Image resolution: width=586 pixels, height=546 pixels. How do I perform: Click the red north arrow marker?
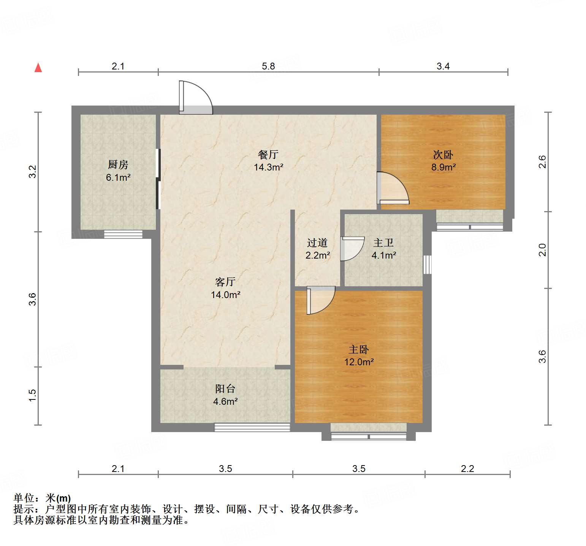tap(38, 68)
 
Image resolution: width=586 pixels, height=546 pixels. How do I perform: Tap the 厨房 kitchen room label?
tap(118, 165)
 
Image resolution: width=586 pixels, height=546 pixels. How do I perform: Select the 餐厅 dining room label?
tap(268, 155)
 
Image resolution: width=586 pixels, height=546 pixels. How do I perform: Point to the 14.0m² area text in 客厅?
tap(225, 295)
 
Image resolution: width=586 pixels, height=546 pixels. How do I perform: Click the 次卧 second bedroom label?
tap(443, 155)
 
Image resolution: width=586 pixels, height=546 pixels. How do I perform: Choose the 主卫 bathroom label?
tap(383, 243)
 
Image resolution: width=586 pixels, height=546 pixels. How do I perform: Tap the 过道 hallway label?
tap(317, 243)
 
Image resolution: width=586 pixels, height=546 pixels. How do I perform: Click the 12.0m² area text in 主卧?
tap(359, 362)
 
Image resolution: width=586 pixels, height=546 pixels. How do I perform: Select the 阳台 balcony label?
tap(225, 389)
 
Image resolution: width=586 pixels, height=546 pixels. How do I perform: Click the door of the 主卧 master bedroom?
tap(320, 300)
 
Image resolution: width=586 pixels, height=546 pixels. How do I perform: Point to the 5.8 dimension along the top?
tap(268, 66)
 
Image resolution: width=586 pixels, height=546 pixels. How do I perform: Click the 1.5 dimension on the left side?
tap(33, 395)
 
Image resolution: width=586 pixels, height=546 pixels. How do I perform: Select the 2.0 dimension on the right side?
tap(542, 250)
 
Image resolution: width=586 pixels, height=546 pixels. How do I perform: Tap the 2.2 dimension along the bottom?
tap(467, 469)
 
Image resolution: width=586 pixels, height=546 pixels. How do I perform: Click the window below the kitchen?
tap(123, 234)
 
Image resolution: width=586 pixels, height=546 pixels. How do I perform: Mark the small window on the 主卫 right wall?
tap(428, 264)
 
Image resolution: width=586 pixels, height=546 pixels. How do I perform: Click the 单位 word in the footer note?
tap(24, 498)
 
